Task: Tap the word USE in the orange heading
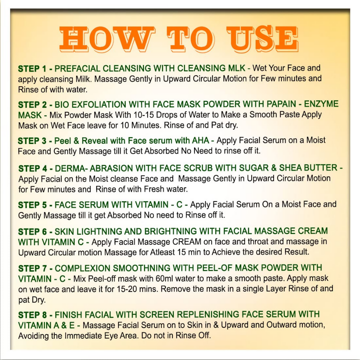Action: (x=262, y=39)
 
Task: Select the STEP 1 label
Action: (x=32, y=69)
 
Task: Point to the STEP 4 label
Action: (x=33, y=168)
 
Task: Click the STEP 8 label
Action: (x=32, y=315)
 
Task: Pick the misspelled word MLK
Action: (x=237, y=68)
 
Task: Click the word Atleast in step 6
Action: (x=163, y=252)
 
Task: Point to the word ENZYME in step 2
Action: (x=321, y=104)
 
